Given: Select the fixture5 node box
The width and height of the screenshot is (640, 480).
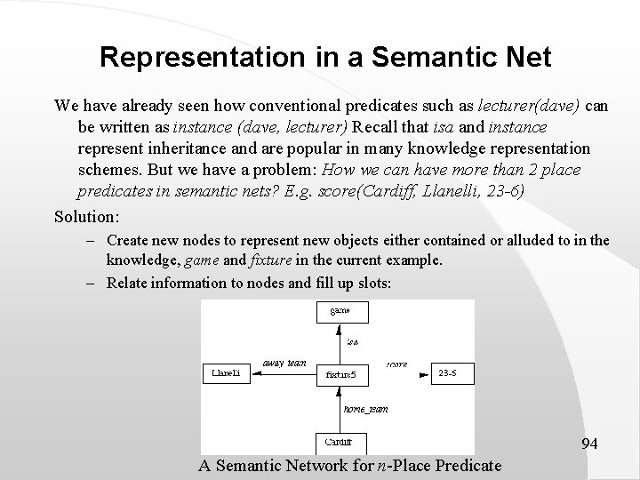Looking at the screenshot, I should (x=342, y=376).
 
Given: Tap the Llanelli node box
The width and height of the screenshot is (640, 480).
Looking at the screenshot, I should (x=228, y=374).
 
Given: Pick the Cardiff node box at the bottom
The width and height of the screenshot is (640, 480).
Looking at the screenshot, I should (x=340, y=441).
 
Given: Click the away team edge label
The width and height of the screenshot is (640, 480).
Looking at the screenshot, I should (x=284, y=363).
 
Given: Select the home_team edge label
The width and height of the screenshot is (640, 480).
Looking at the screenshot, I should (x=365, y=409).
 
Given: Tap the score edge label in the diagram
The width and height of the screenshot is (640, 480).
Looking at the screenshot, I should (x=397, y=364).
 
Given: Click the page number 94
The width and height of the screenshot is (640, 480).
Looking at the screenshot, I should (x=589, y=443).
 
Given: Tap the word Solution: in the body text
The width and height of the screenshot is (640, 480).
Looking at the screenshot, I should (x=86, y=216).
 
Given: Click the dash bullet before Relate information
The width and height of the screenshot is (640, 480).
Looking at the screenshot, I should (x=92, y=283).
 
